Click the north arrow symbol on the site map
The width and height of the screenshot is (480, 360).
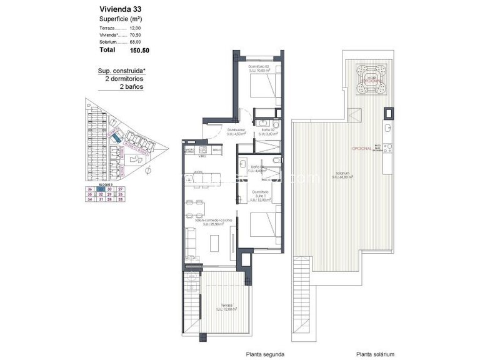[147, 169]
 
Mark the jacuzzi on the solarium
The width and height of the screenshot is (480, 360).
[371, 78]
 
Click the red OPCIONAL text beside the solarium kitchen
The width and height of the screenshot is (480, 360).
[362, 149]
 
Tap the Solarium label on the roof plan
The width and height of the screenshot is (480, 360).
[341, 174]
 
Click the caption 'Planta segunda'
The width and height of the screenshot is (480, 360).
[266, 352]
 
